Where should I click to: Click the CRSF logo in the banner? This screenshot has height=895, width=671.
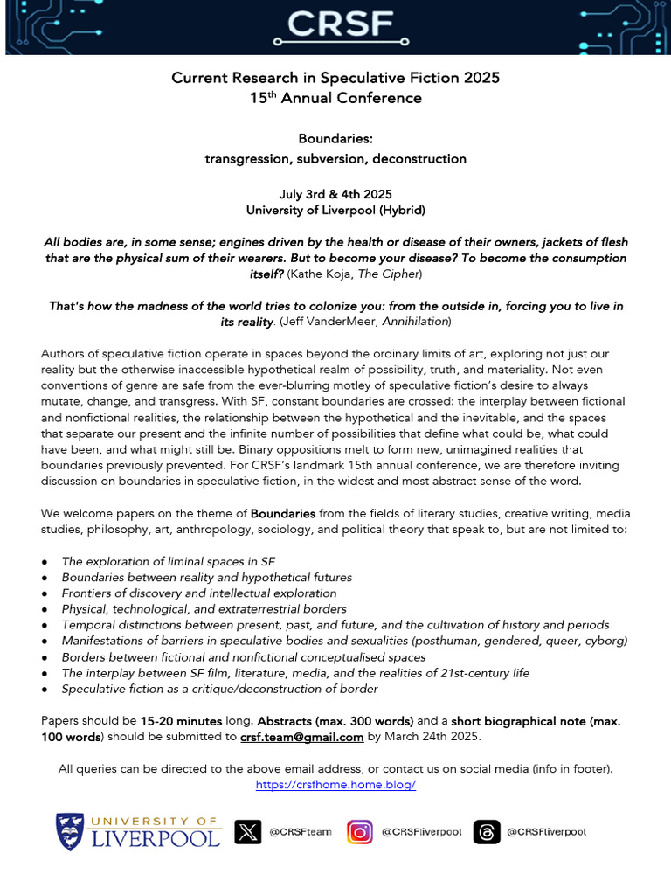335,26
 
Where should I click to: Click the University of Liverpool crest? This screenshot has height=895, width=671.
71,831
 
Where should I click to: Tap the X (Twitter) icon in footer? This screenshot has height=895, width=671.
248,831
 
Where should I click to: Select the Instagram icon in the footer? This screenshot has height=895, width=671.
360,831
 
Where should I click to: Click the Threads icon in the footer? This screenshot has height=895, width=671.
487,831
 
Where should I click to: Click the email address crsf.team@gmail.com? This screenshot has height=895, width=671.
301,737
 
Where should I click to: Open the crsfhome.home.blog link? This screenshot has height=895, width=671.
335,784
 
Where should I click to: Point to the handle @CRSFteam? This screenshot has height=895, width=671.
300,832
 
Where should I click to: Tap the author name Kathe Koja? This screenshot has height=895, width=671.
349,274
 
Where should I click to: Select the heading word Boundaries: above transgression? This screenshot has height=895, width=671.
335,139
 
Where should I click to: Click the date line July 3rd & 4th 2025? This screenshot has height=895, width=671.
335,195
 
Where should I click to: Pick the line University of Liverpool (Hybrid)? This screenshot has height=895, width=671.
335,211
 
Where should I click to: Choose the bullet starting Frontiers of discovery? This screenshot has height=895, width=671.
199,593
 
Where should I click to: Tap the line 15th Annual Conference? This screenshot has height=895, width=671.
335,98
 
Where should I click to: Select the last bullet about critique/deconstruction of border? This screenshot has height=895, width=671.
219,689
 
